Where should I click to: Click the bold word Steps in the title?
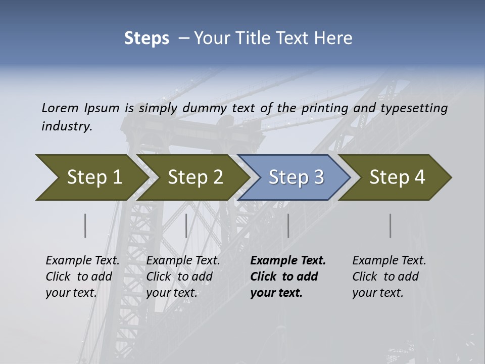[147, 38]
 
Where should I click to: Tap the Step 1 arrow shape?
[91, 177]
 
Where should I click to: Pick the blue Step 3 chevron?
[296, 177]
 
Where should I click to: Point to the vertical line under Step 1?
[85, 225]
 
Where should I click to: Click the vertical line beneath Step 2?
[186, 225]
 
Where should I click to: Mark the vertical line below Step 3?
[288, 225]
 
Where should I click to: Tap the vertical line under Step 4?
[391, 225]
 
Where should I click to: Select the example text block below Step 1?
[82, 277]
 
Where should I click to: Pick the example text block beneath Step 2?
[183, 277]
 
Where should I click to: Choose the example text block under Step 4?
[389, 277]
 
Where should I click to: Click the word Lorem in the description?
[60, 108]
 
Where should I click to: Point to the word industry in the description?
[66, 126]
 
